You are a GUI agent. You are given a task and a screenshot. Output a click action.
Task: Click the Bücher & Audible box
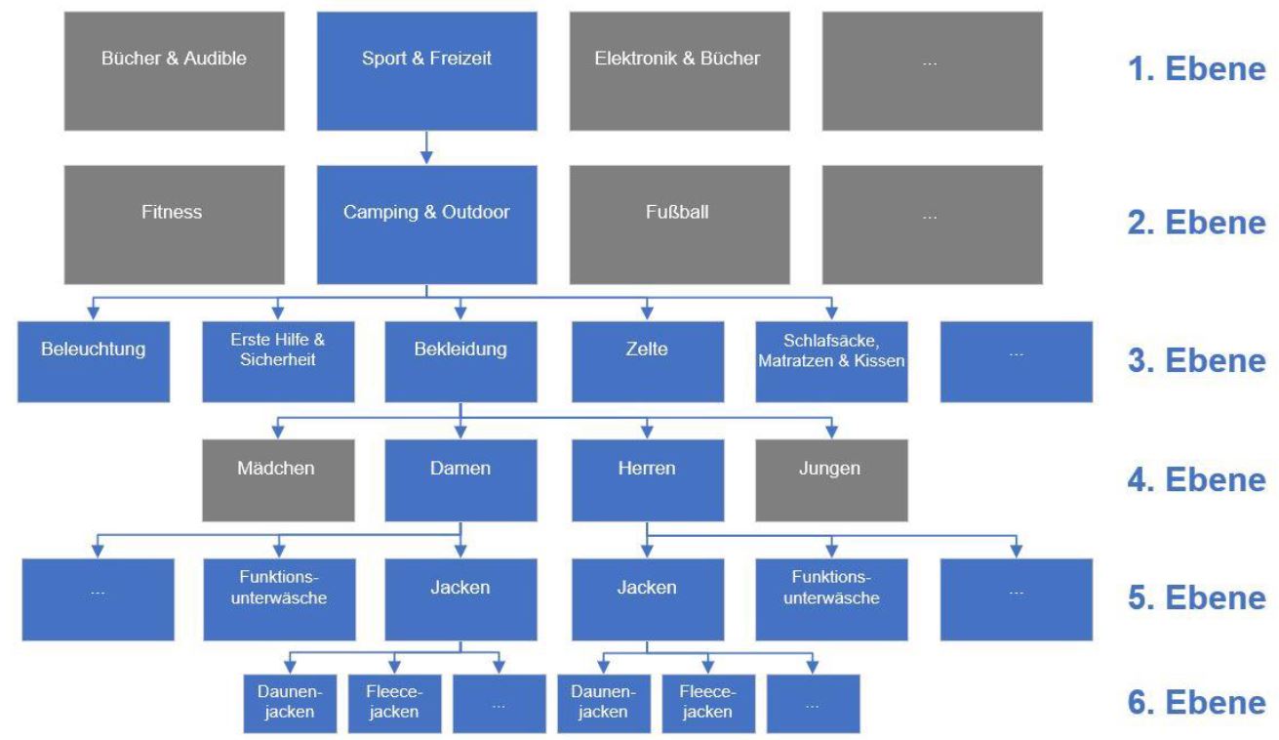tap(175, 71)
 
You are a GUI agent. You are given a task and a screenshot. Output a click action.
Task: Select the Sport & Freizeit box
tap(427, 71)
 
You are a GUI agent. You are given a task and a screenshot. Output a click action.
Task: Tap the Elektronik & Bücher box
tap(679, 71)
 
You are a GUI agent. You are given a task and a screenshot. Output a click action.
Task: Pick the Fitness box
tap(175, 225)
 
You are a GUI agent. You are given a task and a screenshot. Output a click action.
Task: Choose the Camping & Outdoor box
tap(427, 225)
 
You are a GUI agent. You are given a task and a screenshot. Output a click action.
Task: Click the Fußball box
tap(679, 225)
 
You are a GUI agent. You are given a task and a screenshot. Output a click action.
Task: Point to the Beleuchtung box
tap(94, 362)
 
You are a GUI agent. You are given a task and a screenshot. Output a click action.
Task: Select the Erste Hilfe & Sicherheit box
tap(278, 362)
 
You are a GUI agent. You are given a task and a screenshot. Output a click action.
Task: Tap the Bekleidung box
tap(460, 362)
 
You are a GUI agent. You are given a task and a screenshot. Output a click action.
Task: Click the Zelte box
tap(648, 362)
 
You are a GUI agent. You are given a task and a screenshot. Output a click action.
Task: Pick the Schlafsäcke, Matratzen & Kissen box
tap(832, 362)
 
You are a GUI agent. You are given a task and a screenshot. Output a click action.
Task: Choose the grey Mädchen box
tap(278, 480)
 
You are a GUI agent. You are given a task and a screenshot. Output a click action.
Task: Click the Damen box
tap(460, 480)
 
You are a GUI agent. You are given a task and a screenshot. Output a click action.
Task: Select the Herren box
tap(648, 480)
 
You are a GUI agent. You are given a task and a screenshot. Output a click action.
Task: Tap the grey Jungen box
tap(832, 480)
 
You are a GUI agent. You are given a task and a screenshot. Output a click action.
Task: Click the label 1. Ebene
tap(1197, 69)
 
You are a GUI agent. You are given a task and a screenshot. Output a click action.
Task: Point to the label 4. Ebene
tap(1197, 479)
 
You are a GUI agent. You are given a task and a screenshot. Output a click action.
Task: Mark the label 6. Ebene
tap(1197, 702)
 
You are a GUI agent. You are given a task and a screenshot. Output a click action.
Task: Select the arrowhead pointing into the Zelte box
tap(647, 313)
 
